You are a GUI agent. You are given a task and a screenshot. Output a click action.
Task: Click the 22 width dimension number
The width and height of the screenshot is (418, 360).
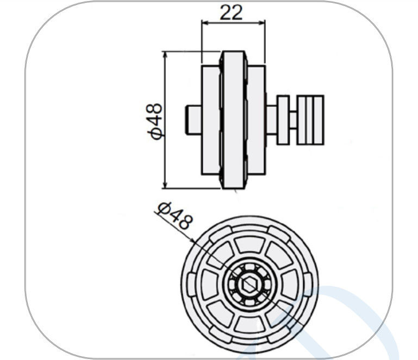(231, 12)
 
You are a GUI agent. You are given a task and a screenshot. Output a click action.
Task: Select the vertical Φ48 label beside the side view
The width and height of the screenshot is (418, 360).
(154, 121)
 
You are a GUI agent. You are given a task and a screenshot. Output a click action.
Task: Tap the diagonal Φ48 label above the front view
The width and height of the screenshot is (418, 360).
(174, 216)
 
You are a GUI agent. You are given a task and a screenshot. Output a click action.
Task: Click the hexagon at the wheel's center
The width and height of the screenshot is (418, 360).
(249, 285)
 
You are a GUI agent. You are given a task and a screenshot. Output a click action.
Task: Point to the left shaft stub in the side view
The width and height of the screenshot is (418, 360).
(194, 120)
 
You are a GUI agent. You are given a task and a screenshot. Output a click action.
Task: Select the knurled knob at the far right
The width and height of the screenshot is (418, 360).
(310, 120)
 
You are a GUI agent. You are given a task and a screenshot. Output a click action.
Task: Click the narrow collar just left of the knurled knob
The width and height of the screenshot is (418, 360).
(283, 120)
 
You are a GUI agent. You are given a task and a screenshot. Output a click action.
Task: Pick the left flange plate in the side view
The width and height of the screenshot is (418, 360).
(211, 120)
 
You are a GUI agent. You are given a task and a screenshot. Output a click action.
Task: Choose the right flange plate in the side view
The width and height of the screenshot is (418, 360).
(256, 120)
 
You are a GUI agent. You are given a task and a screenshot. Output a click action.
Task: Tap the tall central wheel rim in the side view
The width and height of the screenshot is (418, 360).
(234, 120)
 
